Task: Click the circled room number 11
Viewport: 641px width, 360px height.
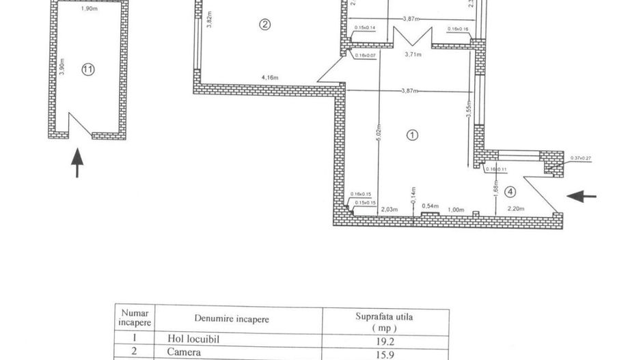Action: [x=87, y=68]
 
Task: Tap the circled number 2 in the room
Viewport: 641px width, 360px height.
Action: [x=265, y=25]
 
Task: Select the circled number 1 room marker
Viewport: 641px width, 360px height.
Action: [x=412, y=135]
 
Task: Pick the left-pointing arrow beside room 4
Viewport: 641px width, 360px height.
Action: [x=582, y=197]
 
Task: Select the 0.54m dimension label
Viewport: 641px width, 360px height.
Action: [x=430, y=206]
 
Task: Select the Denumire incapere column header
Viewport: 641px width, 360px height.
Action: [x=232, y=318]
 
